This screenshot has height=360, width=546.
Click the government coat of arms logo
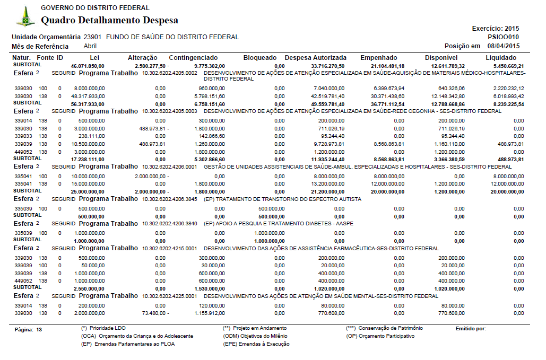click(x=25, y=17)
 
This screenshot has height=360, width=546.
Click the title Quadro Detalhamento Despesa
click(x=109, y=21)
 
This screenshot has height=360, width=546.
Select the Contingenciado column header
click(x=193, y=57)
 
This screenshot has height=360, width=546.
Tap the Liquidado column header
click(x=500, y=57)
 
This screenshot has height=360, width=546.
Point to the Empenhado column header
click(x=378, y=57)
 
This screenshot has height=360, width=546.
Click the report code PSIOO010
click(x=504, y=37)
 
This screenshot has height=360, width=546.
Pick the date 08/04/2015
click(x=504, y=46)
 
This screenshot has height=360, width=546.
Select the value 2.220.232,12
click(x=506, y=89)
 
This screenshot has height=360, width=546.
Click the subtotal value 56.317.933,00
click(x=88, y=104)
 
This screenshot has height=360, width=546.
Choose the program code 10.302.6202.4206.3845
click(x=169, y=199)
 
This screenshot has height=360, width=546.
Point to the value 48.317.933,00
click(x=88, y=96)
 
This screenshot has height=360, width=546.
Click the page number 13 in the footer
click(x=38, y=329)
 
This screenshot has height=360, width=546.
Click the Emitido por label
click(x=471, y=329)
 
